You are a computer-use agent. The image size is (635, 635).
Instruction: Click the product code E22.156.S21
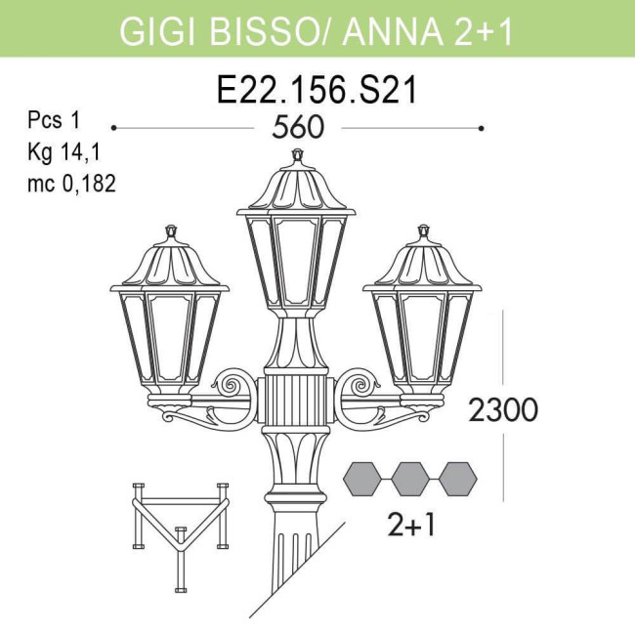click(x=317, y=90)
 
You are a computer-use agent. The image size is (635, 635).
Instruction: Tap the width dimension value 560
click(x=298, y=129)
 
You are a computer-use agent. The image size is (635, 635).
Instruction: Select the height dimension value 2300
click(x=503, y=410)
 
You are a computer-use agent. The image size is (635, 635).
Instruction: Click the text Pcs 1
click(x=53, y=121)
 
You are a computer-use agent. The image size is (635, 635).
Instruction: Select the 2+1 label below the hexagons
click(x=411, y=526)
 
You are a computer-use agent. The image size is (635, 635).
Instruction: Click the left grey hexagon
click(x=362, y=479)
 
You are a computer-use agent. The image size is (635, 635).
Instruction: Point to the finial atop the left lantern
click(x=172, y=232)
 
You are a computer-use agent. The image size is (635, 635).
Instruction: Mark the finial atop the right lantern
click(x=424, y=232)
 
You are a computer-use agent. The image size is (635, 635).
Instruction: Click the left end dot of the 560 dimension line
click(x=114, y=128)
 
